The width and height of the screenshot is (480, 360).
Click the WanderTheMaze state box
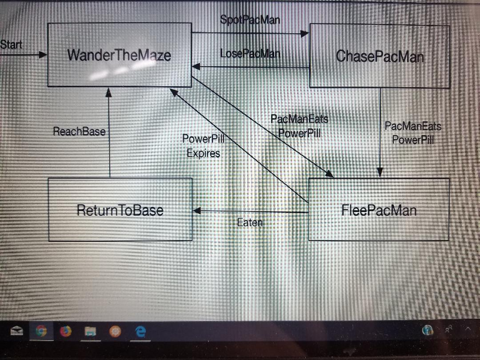[x=120, y=55]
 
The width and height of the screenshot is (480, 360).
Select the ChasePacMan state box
[x=380, y=56]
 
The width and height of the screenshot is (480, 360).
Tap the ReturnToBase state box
[x=120, y=210]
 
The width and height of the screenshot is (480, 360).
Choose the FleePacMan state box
[x=379, y=210]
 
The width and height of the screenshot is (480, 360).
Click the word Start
[x=11, y=45]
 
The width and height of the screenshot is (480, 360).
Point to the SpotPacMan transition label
[x=250, y=20]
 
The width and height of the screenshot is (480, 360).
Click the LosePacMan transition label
[x=250, y=53]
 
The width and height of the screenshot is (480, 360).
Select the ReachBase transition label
[x=79, y=132]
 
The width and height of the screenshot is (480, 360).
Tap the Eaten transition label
[x=250, y=223]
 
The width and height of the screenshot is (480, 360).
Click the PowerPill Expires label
[x=203, y=146]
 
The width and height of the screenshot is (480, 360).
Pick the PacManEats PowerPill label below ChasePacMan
[x=412, y=133]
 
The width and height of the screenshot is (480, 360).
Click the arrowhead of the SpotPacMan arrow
[x=305, y=33]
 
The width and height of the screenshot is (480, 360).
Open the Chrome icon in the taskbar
[x=41, y=331]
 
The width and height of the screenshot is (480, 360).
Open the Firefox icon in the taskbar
[x=66, y=331]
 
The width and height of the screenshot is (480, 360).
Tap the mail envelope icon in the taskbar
[x=17, y=331]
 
